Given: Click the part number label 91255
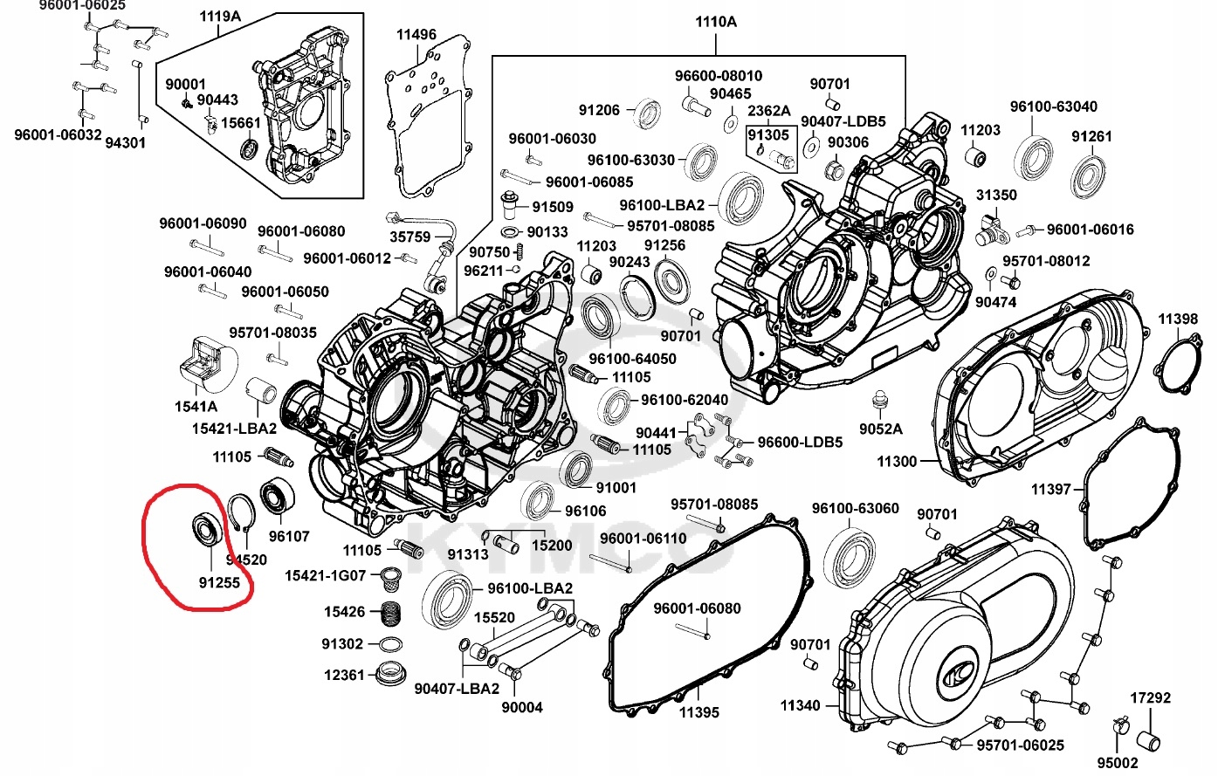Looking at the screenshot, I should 218,582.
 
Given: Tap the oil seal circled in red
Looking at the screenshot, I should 207,528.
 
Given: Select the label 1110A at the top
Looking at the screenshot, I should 715,22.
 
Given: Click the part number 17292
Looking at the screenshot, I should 1150,698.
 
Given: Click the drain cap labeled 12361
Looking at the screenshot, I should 390,674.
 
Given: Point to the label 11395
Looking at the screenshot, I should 698,712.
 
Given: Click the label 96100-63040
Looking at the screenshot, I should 1053,106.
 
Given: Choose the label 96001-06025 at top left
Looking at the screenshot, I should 82,5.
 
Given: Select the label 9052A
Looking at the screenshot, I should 880,429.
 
